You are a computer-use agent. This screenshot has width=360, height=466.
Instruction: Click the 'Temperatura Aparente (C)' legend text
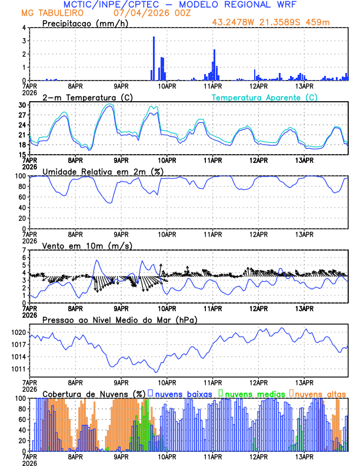point(264,97)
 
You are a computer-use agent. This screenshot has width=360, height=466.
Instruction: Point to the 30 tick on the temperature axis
point(22,105)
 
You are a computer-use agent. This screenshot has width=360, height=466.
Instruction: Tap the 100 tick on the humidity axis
point(19,176)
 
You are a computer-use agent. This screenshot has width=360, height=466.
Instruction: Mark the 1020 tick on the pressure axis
point(18,332)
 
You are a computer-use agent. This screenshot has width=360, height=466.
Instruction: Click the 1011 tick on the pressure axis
point(18,369)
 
